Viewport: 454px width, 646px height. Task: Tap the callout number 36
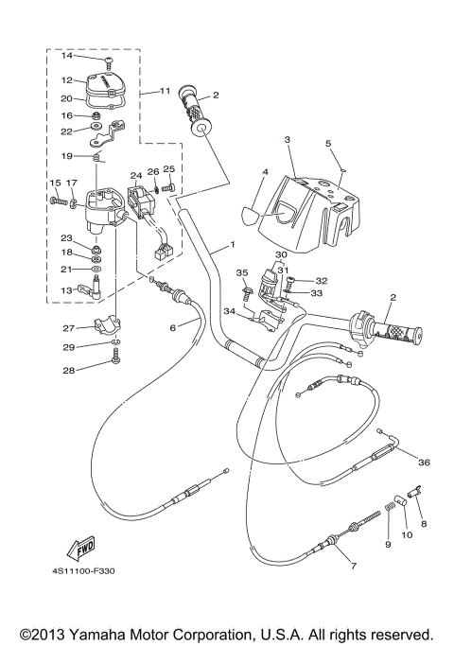(x=423, y=462)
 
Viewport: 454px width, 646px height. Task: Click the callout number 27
(x=68, y=328)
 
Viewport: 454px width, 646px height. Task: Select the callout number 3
(x=285, y=139)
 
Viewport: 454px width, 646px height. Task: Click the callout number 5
(x=327, y=144)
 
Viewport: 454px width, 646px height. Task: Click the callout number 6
(x=173, y=327)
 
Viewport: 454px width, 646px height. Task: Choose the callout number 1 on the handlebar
(x=229, y=244)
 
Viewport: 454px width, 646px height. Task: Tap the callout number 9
(x=387, y=544)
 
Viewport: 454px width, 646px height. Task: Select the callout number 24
(x=136, y=175)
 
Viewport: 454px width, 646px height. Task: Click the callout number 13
(x=66, y=290)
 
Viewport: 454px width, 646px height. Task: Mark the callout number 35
(x=240, y=272)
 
